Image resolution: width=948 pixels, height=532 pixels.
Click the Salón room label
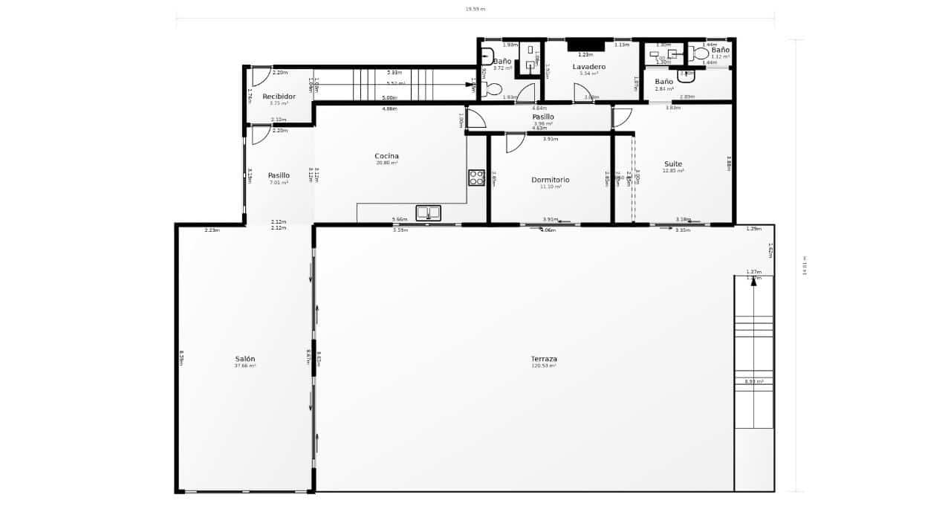pos(244,359)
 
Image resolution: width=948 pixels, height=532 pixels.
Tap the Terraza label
pos(544,359)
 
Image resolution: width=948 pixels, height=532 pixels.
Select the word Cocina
pos(386,156)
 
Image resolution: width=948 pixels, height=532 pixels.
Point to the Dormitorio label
pos(550,180)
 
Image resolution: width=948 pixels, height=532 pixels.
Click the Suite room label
pos(672,164)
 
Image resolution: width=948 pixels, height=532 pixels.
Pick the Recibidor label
pos(279,97)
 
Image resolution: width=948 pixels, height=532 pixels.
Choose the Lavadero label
pos(588,67)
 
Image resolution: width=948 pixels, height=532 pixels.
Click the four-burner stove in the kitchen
pos(476,178)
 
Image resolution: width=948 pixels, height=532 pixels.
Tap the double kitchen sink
pos(428,213)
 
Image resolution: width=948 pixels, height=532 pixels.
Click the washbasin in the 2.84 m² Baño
pos(686,75)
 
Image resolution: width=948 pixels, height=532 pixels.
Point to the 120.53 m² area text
pos(544,366)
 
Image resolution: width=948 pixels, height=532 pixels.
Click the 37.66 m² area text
pos(244,366)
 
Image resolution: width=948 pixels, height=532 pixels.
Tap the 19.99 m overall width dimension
pos(475,9)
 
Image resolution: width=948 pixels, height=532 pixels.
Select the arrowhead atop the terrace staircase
pos(753,282)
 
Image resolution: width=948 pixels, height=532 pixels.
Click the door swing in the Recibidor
pos(261,76)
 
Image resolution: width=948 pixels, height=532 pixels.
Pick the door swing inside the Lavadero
pos(582,93)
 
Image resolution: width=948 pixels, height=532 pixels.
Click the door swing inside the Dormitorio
pos(515,143)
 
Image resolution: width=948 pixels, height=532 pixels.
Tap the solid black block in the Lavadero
pos(585,45)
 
